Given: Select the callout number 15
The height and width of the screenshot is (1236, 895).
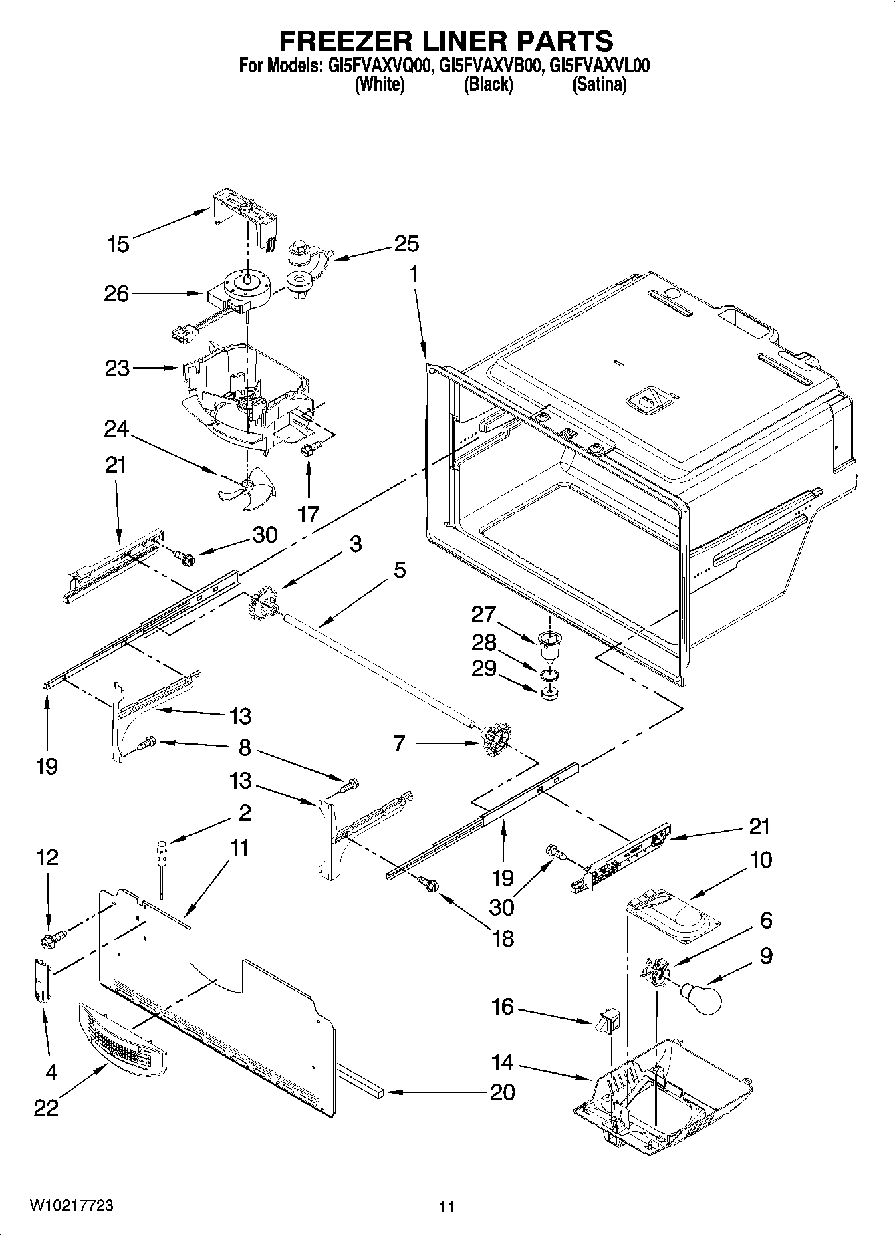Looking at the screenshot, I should click(x=118, y=244).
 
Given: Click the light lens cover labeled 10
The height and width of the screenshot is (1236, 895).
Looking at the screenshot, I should click(x=672, y=918).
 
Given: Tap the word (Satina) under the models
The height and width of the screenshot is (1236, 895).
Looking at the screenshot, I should click(x=600, y=85).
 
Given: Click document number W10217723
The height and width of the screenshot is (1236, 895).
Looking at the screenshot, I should click(x=71, y=1205).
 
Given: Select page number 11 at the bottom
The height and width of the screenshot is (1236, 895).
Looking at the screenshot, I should click(x=446, y=1207).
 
